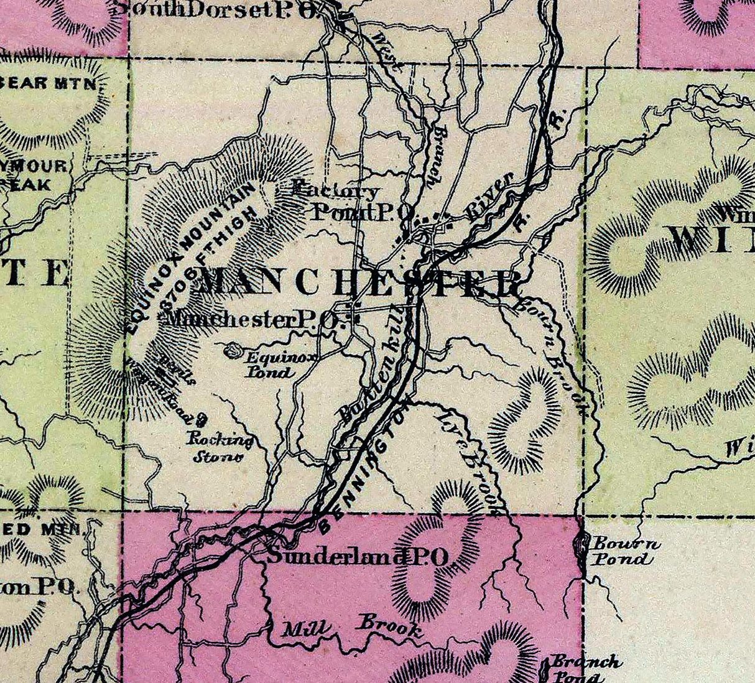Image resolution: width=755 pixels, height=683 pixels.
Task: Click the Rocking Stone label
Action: pyautogui.click(x=221, y=448)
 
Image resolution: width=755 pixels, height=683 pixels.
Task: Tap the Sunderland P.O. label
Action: pyautogui.click(x=357, y=557)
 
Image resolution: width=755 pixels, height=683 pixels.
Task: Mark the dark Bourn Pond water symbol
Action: pyautogui.click(x=582, y=547)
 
